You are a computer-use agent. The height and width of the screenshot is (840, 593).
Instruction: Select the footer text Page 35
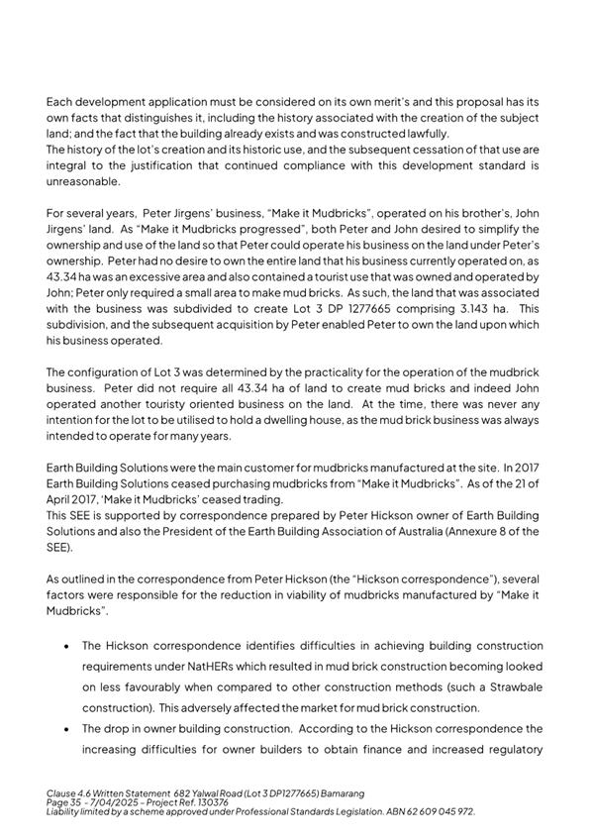(x=65, y=803)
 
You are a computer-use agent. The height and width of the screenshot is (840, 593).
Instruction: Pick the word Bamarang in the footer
(x=336, y=794)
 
